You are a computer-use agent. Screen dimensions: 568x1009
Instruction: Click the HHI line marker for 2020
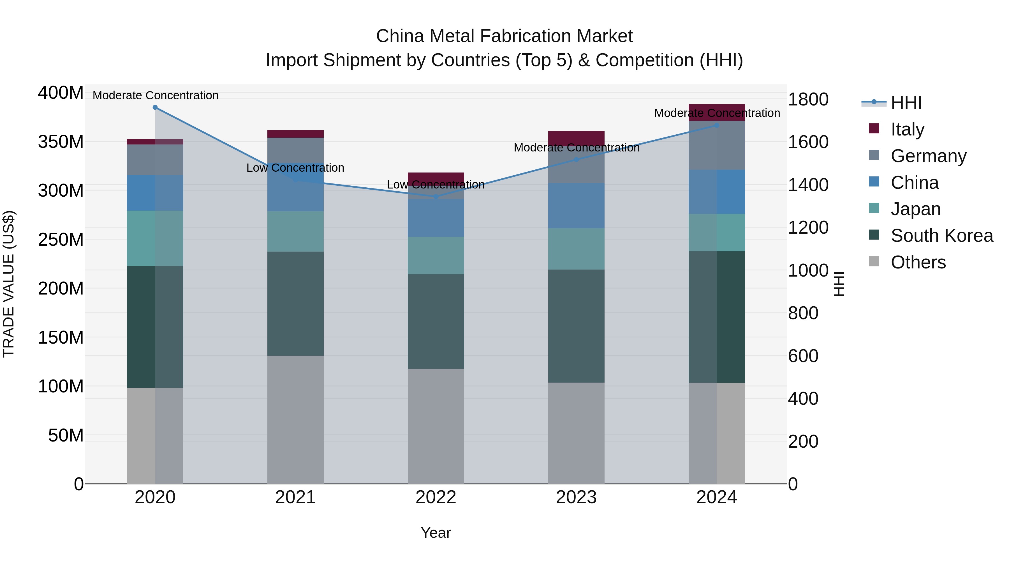coord(155,107)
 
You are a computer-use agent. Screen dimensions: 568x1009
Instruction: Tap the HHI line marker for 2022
coord(436,196)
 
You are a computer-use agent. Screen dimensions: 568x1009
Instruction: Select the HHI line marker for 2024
coord(717,125)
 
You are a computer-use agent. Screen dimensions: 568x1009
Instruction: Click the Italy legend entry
coord(907,129)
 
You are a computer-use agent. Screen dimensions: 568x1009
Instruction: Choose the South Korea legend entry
coord(942,236)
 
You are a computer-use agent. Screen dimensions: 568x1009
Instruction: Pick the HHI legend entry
coord(906,103)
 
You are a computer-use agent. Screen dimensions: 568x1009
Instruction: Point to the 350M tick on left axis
coord(61,142)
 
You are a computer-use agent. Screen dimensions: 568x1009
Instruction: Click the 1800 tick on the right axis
coord(808,100)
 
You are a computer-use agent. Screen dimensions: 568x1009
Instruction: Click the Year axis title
coord(436,533)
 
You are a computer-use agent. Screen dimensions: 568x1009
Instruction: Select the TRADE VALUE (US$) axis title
coord(9,284)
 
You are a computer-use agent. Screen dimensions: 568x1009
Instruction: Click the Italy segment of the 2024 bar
coord(717,112)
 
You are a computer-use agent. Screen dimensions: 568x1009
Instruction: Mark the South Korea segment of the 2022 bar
coord(436,321)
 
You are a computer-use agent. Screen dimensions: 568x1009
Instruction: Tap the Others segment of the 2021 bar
coord(295,419)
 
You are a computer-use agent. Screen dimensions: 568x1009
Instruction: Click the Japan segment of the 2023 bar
coord(576,249)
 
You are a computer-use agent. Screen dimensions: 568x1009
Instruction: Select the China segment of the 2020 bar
coord(155,193)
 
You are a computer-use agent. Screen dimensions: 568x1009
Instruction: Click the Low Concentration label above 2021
coord(295,168)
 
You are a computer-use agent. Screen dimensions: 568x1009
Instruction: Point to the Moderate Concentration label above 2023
coord(577,148)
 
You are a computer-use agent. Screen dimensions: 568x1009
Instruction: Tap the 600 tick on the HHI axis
coord(803,356)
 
